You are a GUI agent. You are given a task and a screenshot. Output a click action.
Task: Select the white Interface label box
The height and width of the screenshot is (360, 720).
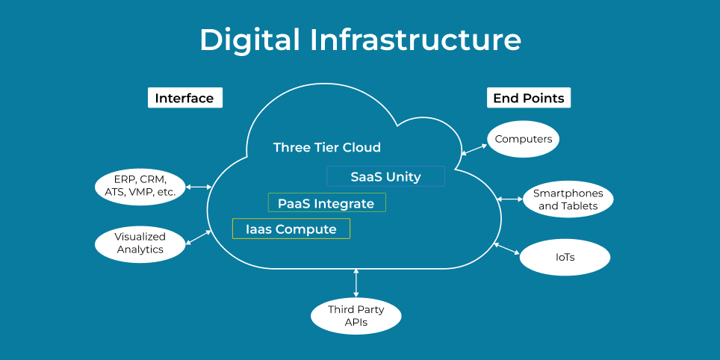(184, 98)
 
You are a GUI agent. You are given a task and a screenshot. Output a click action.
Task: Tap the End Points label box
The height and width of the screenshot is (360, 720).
(529, 98)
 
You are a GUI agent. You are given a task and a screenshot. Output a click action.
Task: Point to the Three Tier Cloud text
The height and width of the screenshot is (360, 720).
(326, 147)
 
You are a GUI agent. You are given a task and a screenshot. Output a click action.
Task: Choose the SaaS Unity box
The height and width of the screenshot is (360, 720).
(385, 177)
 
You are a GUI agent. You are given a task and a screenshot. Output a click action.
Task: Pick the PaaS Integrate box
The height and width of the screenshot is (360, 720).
(326, 203)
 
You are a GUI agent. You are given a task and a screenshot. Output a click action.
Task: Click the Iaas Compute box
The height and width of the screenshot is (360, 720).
(291, 229)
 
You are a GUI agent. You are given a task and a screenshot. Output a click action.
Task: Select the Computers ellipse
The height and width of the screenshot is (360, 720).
(524, 139)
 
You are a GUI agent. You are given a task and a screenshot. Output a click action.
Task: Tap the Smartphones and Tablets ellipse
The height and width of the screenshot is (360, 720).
(568, 199)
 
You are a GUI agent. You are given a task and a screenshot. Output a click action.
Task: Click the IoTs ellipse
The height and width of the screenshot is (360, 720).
(565, 258)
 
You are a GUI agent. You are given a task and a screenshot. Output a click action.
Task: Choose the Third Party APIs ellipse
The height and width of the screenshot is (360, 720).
(356, 315)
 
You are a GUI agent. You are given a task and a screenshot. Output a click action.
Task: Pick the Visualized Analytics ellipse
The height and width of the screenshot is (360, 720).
(140, 243)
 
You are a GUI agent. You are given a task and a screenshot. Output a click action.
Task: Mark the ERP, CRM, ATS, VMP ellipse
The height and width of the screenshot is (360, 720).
(140, 186)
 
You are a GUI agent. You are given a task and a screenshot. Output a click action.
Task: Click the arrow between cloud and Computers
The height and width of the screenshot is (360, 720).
(474, 149)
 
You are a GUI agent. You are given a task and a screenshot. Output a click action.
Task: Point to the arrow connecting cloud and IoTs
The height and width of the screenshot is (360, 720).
(507, 249)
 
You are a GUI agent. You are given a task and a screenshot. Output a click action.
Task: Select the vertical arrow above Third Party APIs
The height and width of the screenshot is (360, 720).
(356, 283)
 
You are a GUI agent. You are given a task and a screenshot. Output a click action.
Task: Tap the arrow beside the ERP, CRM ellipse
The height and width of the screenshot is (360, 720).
(199, 187)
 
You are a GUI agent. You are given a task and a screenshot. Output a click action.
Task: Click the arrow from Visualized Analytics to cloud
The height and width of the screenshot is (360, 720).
(199, 237)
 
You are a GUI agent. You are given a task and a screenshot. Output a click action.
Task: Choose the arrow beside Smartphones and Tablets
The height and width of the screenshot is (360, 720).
(510, 199)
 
